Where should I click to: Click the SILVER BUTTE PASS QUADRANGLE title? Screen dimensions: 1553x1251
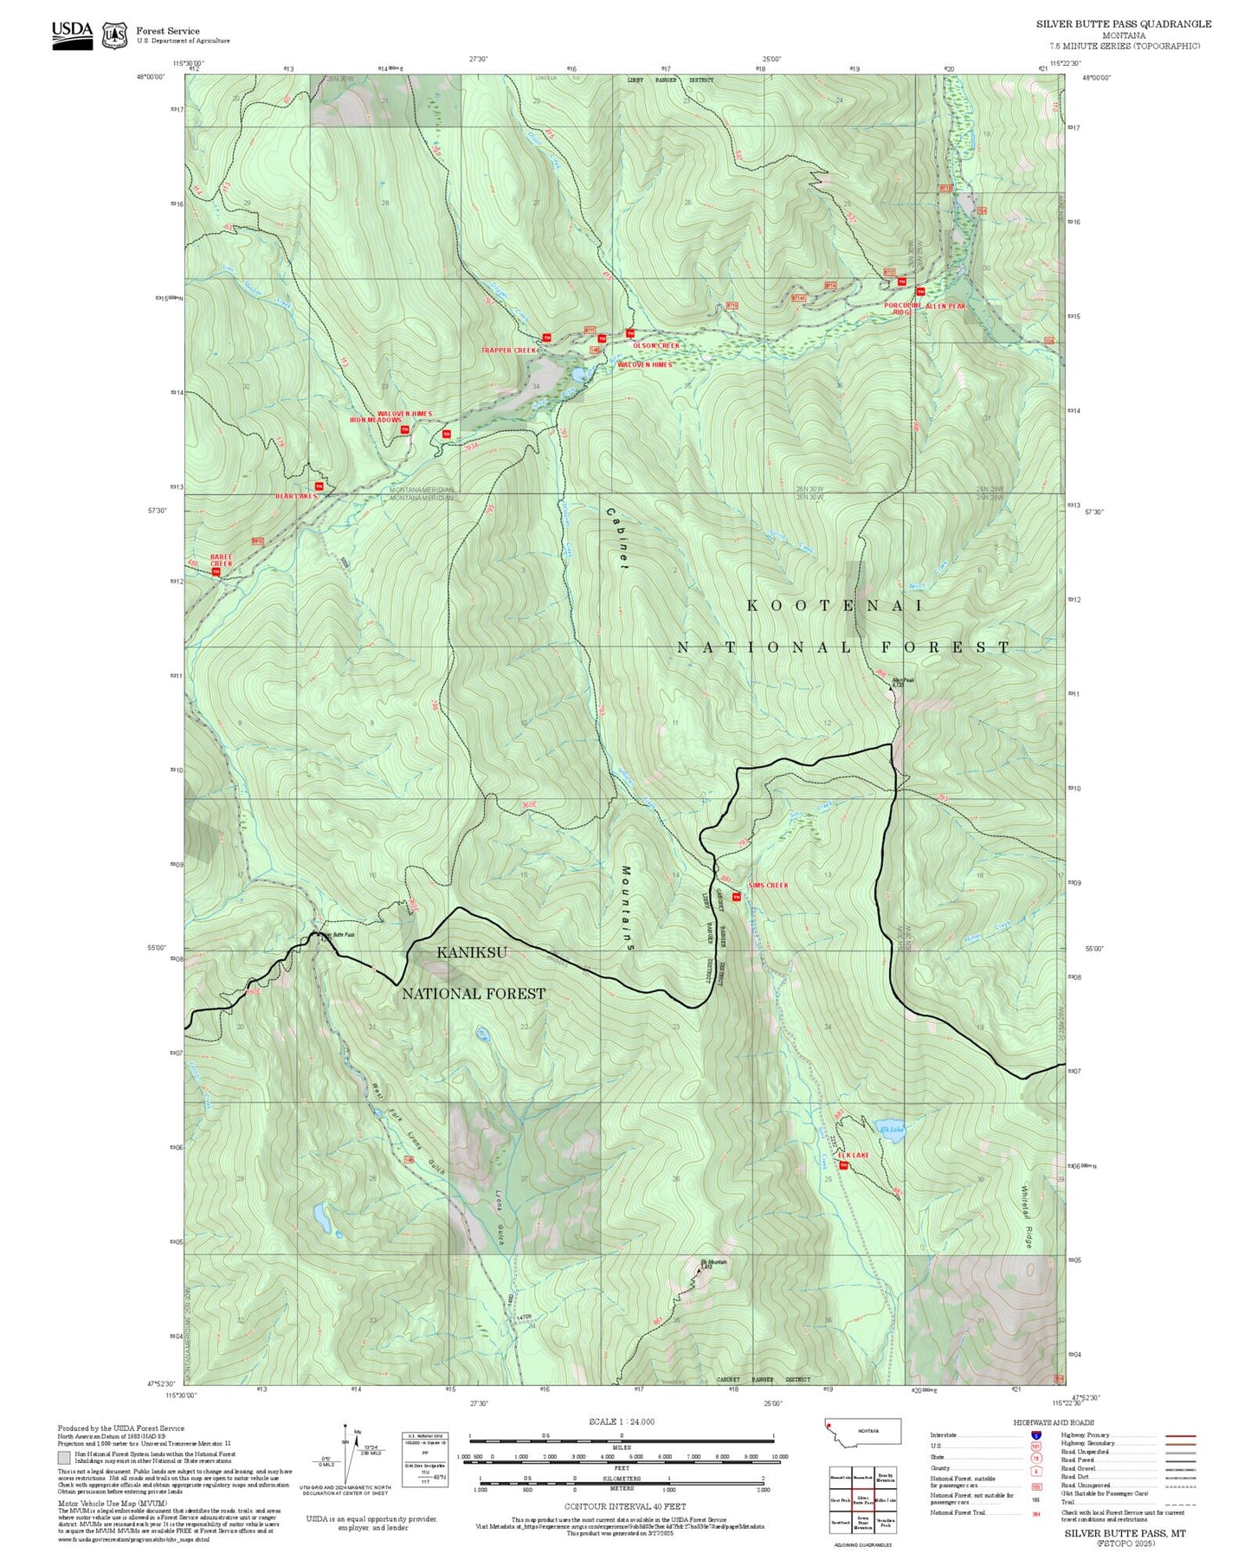(x=1124, y=24)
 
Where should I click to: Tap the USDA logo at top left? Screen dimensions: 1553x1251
(x=72, y=32)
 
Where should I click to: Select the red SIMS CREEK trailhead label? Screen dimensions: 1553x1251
(x=768, y=886)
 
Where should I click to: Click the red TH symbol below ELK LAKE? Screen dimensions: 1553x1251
(x=844, y=1166)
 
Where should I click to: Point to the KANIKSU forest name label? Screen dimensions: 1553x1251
(x=472, y=953)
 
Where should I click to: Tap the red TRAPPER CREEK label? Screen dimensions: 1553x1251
(x=510, y=351)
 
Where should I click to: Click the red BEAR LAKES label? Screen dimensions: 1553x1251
(x=296, y=496)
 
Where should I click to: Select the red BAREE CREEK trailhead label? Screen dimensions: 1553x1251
(x=222, y=560)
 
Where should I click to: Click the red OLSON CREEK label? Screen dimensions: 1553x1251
(x=656, y=345)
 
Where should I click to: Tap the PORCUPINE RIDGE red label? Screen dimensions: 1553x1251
(x=901, y=309)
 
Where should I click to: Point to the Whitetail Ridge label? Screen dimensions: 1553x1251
(x=1029, y=1215)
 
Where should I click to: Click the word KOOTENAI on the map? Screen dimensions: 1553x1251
(x=835, y=605)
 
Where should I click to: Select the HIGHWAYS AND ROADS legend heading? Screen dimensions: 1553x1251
(x=1054, y=1422)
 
